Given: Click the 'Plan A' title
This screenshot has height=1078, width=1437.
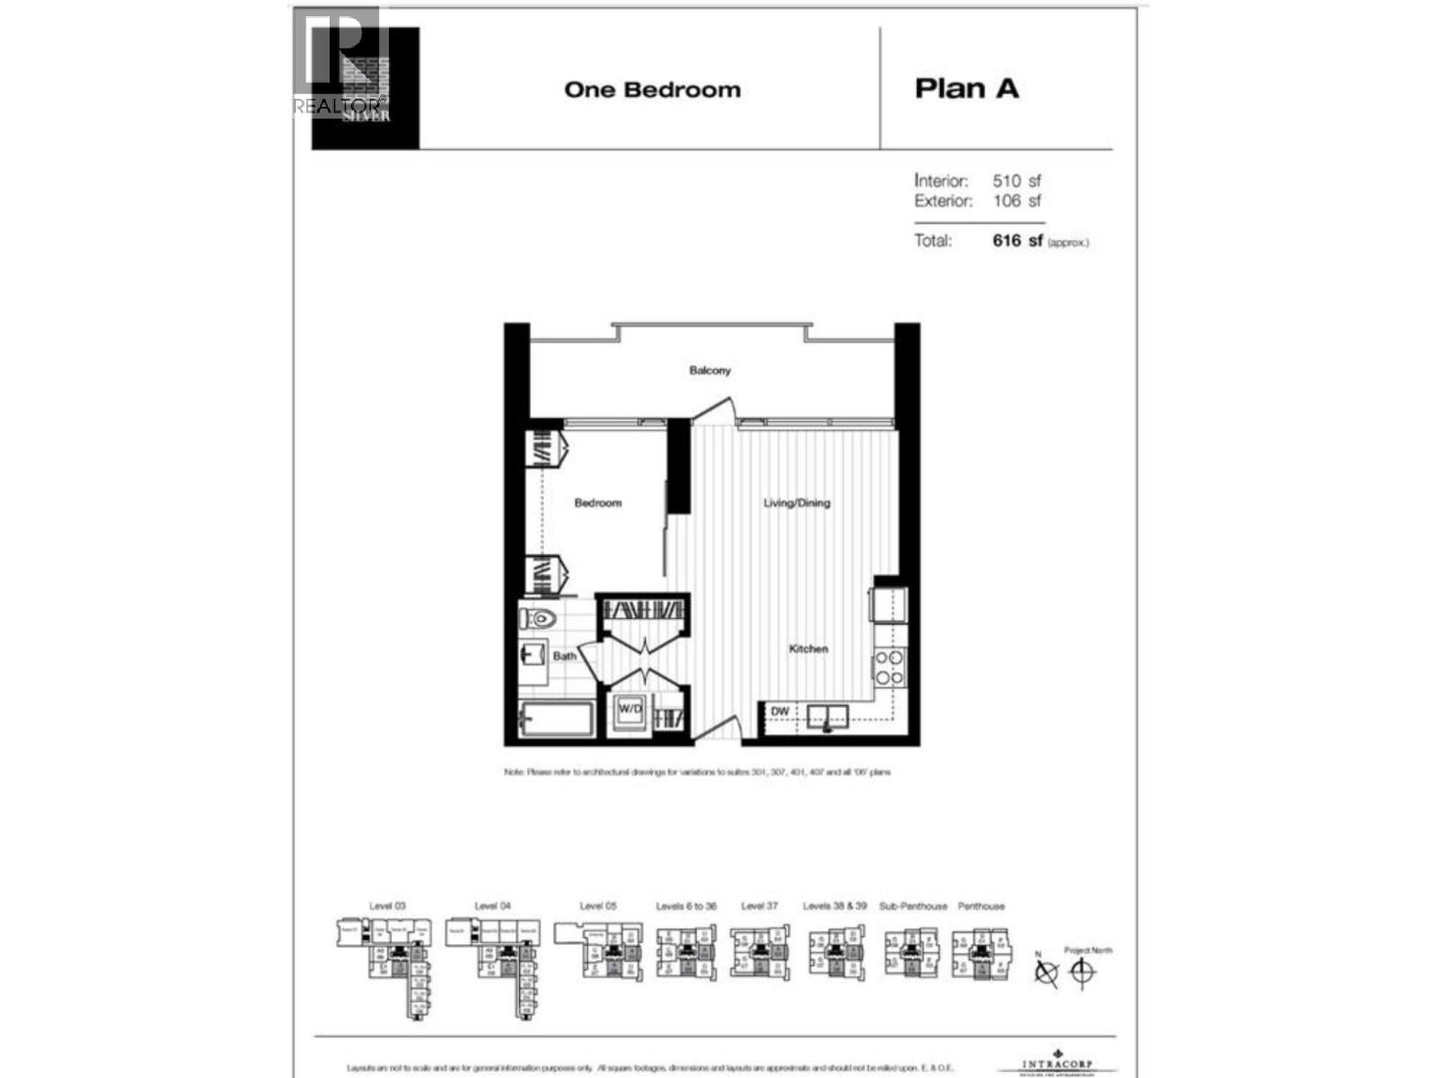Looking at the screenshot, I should pos(966,89).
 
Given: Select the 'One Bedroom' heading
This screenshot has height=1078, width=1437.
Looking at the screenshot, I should pos(652,90).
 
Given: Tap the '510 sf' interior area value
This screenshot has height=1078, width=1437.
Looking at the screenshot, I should pos(1017,181).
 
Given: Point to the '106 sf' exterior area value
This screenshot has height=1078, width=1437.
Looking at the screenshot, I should pos(1017,201).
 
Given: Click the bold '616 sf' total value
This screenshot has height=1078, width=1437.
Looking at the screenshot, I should pos(1018,241).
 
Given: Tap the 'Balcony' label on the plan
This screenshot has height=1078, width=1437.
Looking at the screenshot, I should pos(710,370).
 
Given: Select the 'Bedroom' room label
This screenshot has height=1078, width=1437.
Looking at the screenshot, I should pos(597,503).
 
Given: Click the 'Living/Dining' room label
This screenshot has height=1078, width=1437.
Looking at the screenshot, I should pos(797,503).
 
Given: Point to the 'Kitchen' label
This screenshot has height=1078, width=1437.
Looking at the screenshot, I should pos(808,649).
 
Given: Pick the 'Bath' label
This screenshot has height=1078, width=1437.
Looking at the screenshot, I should pos(564,656).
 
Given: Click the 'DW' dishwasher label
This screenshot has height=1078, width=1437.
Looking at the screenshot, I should pos(780,711).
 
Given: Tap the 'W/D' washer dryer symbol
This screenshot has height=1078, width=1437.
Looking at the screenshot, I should pos(630,710).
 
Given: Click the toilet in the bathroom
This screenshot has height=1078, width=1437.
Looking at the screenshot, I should pos(538,618).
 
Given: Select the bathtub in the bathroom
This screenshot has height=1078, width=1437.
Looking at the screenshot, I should pos(556,720).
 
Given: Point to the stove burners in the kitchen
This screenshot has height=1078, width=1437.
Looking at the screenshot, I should pos(889,667).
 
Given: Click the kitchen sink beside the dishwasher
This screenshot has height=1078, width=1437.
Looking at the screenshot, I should pos(827,716).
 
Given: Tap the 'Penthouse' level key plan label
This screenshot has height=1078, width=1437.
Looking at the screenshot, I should pos(981,906).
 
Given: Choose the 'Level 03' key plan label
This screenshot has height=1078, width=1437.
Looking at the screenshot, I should pos(387,906).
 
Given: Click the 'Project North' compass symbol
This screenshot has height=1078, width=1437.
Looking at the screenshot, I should pos(1083,972).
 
